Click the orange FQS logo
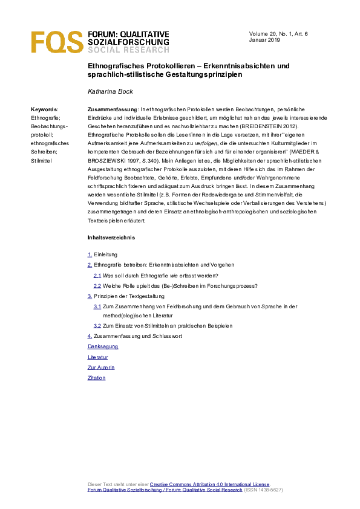point(57,42)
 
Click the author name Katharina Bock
point(111,91)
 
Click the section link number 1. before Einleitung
point(90,255)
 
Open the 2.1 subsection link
point(97,275)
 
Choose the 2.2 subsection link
point(97,285)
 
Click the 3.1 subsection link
point(97,306)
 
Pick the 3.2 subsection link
point(97,326)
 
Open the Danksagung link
point(103,346)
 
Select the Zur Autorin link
point(101,368)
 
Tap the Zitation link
point(97,378)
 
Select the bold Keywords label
point(44,109)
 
